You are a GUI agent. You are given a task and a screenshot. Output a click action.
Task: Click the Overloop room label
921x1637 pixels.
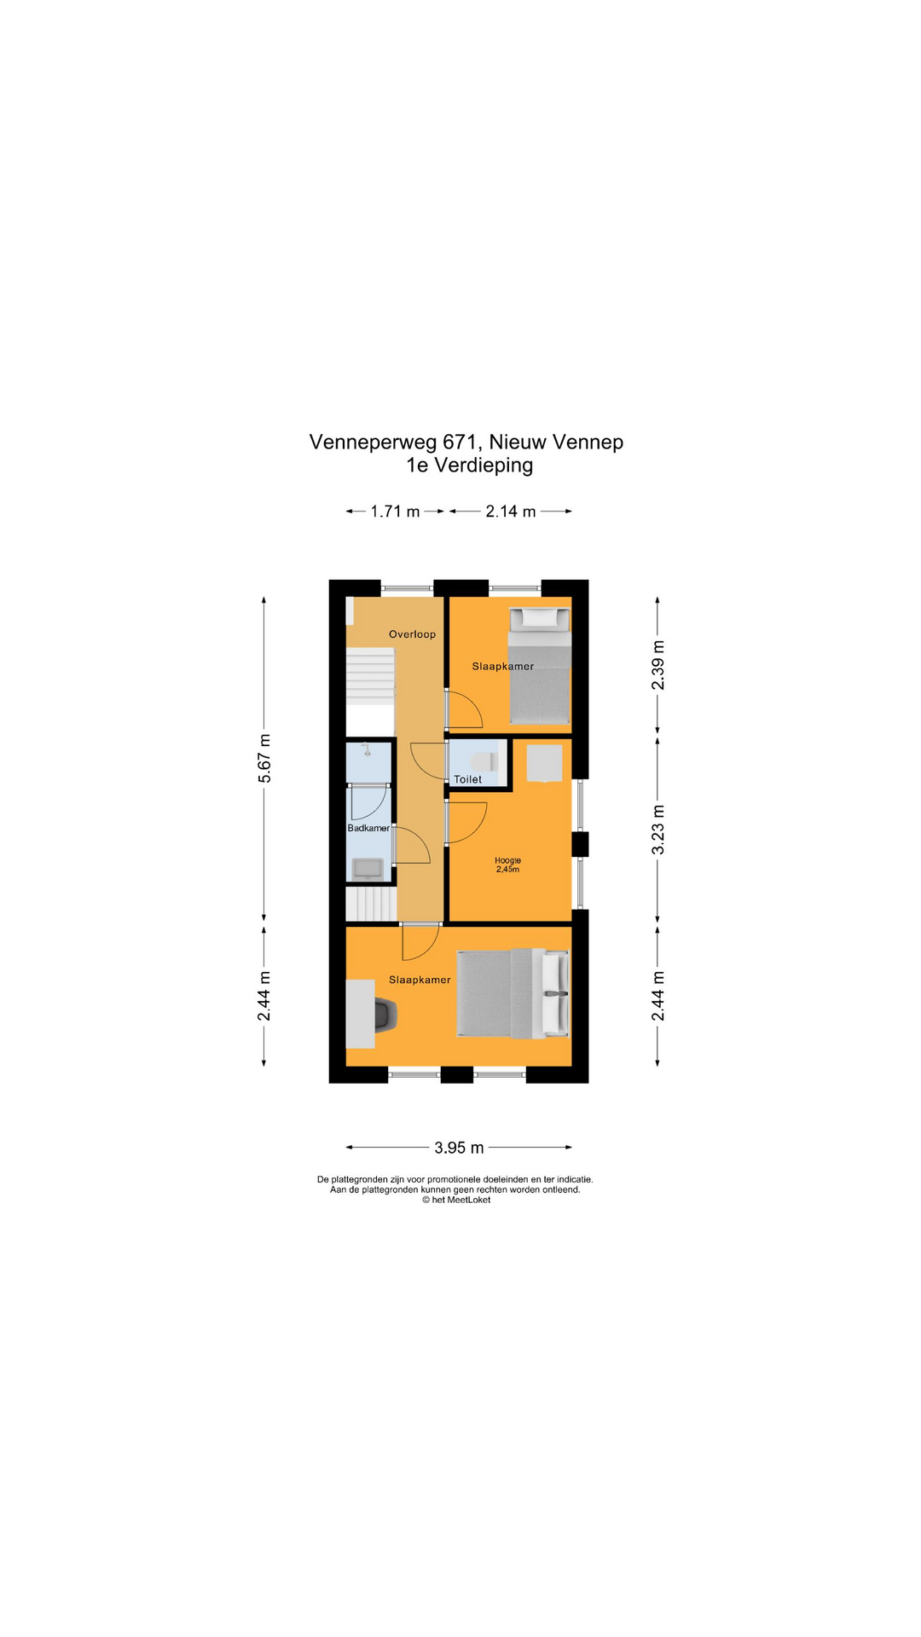point(412,634)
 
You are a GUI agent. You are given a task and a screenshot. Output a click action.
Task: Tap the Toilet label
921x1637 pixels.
point(467,779)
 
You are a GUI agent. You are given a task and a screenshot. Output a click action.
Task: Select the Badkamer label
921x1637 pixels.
point(368,828)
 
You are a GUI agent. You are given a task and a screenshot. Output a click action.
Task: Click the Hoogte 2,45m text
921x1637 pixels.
point(507,865)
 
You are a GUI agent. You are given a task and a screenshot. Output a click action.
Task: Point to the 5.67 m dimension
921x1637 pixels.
point(264,758)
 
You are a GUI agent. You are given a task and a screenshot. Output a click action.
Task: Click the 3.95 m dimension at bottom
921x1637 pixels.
point(459,1148)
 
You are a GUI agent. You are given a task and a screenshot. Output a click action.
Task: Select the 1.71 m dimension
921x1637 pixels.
point(395,512)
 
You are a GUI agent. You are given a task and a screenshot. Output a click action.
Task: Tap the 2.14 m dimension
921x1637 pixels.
point(511,512)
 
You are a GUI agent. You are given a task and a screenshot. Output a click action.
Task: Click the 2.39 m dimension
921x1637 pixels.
point(657,664)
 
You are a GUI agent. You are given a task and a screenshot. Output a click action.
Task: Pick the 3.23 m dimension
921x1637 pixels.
point(657,830)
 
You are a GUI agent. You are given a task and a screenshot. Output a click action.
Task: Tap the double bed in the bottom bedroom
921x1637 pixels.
point(513,993)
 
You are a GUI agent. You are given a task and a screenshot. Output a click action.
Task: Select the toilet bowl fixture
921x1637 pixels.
point(484,761)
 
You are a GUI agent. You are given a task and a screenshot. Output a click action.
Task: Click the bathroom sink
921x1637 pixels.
point(368,869)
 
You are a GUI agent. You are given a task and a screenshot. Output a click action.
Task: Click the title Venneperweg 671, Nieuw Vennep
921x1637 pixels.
point(466,442)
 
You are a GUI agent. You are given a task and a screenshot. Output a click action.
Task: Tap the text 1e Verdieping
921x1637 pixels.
point(469,466)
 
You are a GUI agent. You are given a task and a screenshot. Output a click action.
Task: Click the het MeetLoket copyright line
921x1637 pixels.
point(456,1200)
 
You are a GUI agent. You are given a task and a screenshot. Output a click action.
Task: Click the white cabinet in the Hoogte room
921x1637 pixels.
point(544,763)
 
